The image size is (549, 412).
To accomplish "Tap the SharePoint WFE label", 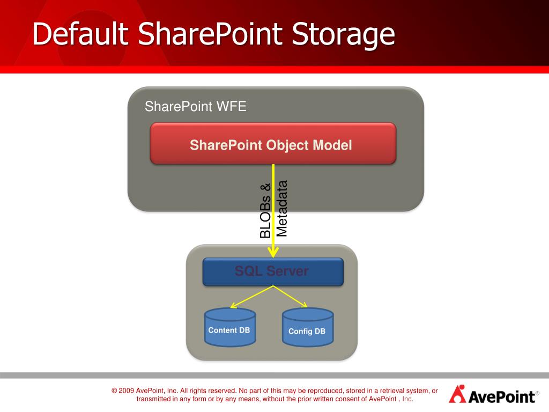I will coord(195,106).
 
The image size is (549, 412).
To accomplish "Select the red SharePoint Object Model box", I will coord(273,143).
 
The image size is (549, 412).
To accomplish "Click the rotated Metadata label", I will coord(282,208).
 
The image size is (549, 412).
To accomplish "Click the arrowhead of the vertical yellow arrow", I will coord(273,252).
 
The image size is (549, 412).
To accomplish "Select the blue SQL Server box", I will coord(273,271).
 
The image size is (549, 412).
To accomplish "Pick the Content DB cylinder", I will coord(230,327).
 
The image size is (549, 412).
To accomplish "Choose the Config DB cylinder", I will coord(307,327).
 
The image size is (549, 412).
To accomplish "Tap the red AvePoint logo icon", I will coord(457,394).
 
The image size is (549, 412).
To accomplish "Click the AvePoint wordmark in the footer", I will coord(501,396).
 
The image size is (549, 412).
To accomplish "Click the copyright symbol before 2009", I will coord(114,391).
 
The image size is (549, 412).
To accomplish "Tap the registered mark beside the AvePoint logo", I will coord(537,393).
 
